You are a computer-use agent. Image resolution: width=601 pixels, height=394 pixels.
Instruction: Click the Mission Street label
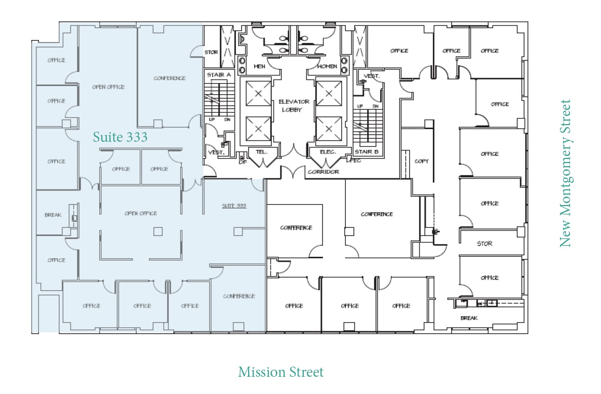point(281,372)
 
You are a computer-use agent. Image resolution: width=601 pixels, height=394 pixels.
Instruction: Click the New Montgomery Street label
point(565,173)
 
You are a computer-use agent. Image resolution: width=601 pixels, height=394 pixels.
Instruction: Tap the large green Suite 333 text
point(120,137)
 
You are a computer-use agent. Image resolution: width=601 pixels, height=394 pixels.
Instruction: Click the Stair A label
point(219,75)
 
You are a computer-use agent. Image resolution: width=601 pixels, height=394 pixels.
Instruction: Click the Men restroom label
point(259,66)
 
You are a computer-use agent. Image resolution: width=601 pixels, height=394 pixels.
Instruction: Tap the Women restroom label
point(327,66)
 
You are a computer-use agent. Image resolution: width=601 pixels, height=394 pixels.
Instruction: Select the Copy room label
point(421,161)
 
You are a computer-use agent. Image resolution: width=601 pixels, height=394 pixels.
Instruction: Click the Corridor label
point(323,172)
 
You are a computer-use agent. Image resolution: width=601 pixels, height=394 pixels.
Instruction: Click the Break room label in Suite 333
point(53,215)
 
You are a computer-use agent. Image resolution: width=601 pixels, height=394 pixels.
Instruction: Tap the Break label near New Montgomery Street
point(469,318)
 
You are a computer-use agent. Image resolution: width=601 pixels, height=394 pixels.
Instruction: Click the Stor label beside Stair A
point(211,52)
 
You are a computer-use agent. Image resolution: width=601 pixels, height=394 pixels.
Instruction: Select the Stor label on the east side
point(485,244)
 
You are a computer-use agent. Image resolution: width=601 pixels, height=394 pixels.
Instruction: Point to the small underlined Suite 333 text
point(234,206)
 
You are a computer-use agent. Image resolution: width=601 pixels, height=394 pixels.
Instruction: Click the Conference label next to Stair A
point(170,78)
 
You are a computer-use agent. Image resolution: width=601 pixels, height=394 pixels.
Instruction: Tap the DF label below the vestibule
point(243,162)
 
